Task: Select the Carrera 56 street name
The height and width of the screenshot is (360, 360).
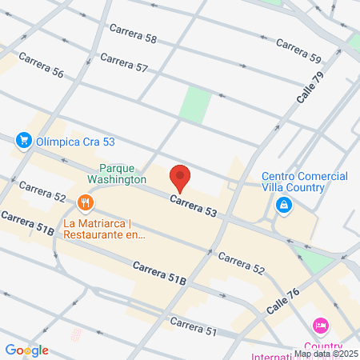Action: click(x=40, y=65)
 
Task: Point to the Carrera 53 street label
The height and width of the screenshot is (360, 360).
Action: click(x=194, y=205)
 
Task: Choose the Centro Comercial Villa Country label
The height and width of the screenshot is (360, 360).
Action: click(x=294, y=182)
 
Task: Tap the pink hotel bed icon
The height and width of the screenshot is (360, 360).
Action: click(x=321, y=326)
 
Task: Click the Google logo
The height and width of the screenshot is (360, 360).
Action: click(x=26, y=350)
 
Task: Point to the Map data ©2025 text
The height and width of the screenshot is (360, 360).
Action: click(x=326, y=353)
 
